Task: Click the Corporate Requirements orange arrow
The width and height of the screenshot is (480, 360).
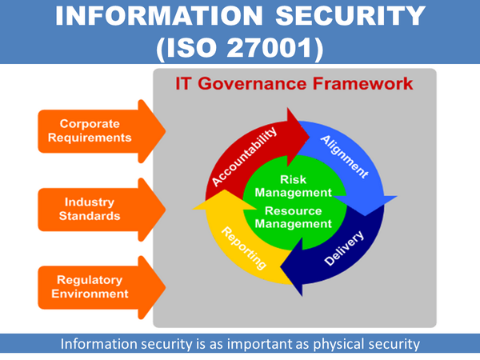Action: [95, 130]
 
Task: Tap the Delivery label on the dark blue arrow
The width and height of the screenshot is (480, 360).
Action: [345, 249]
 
